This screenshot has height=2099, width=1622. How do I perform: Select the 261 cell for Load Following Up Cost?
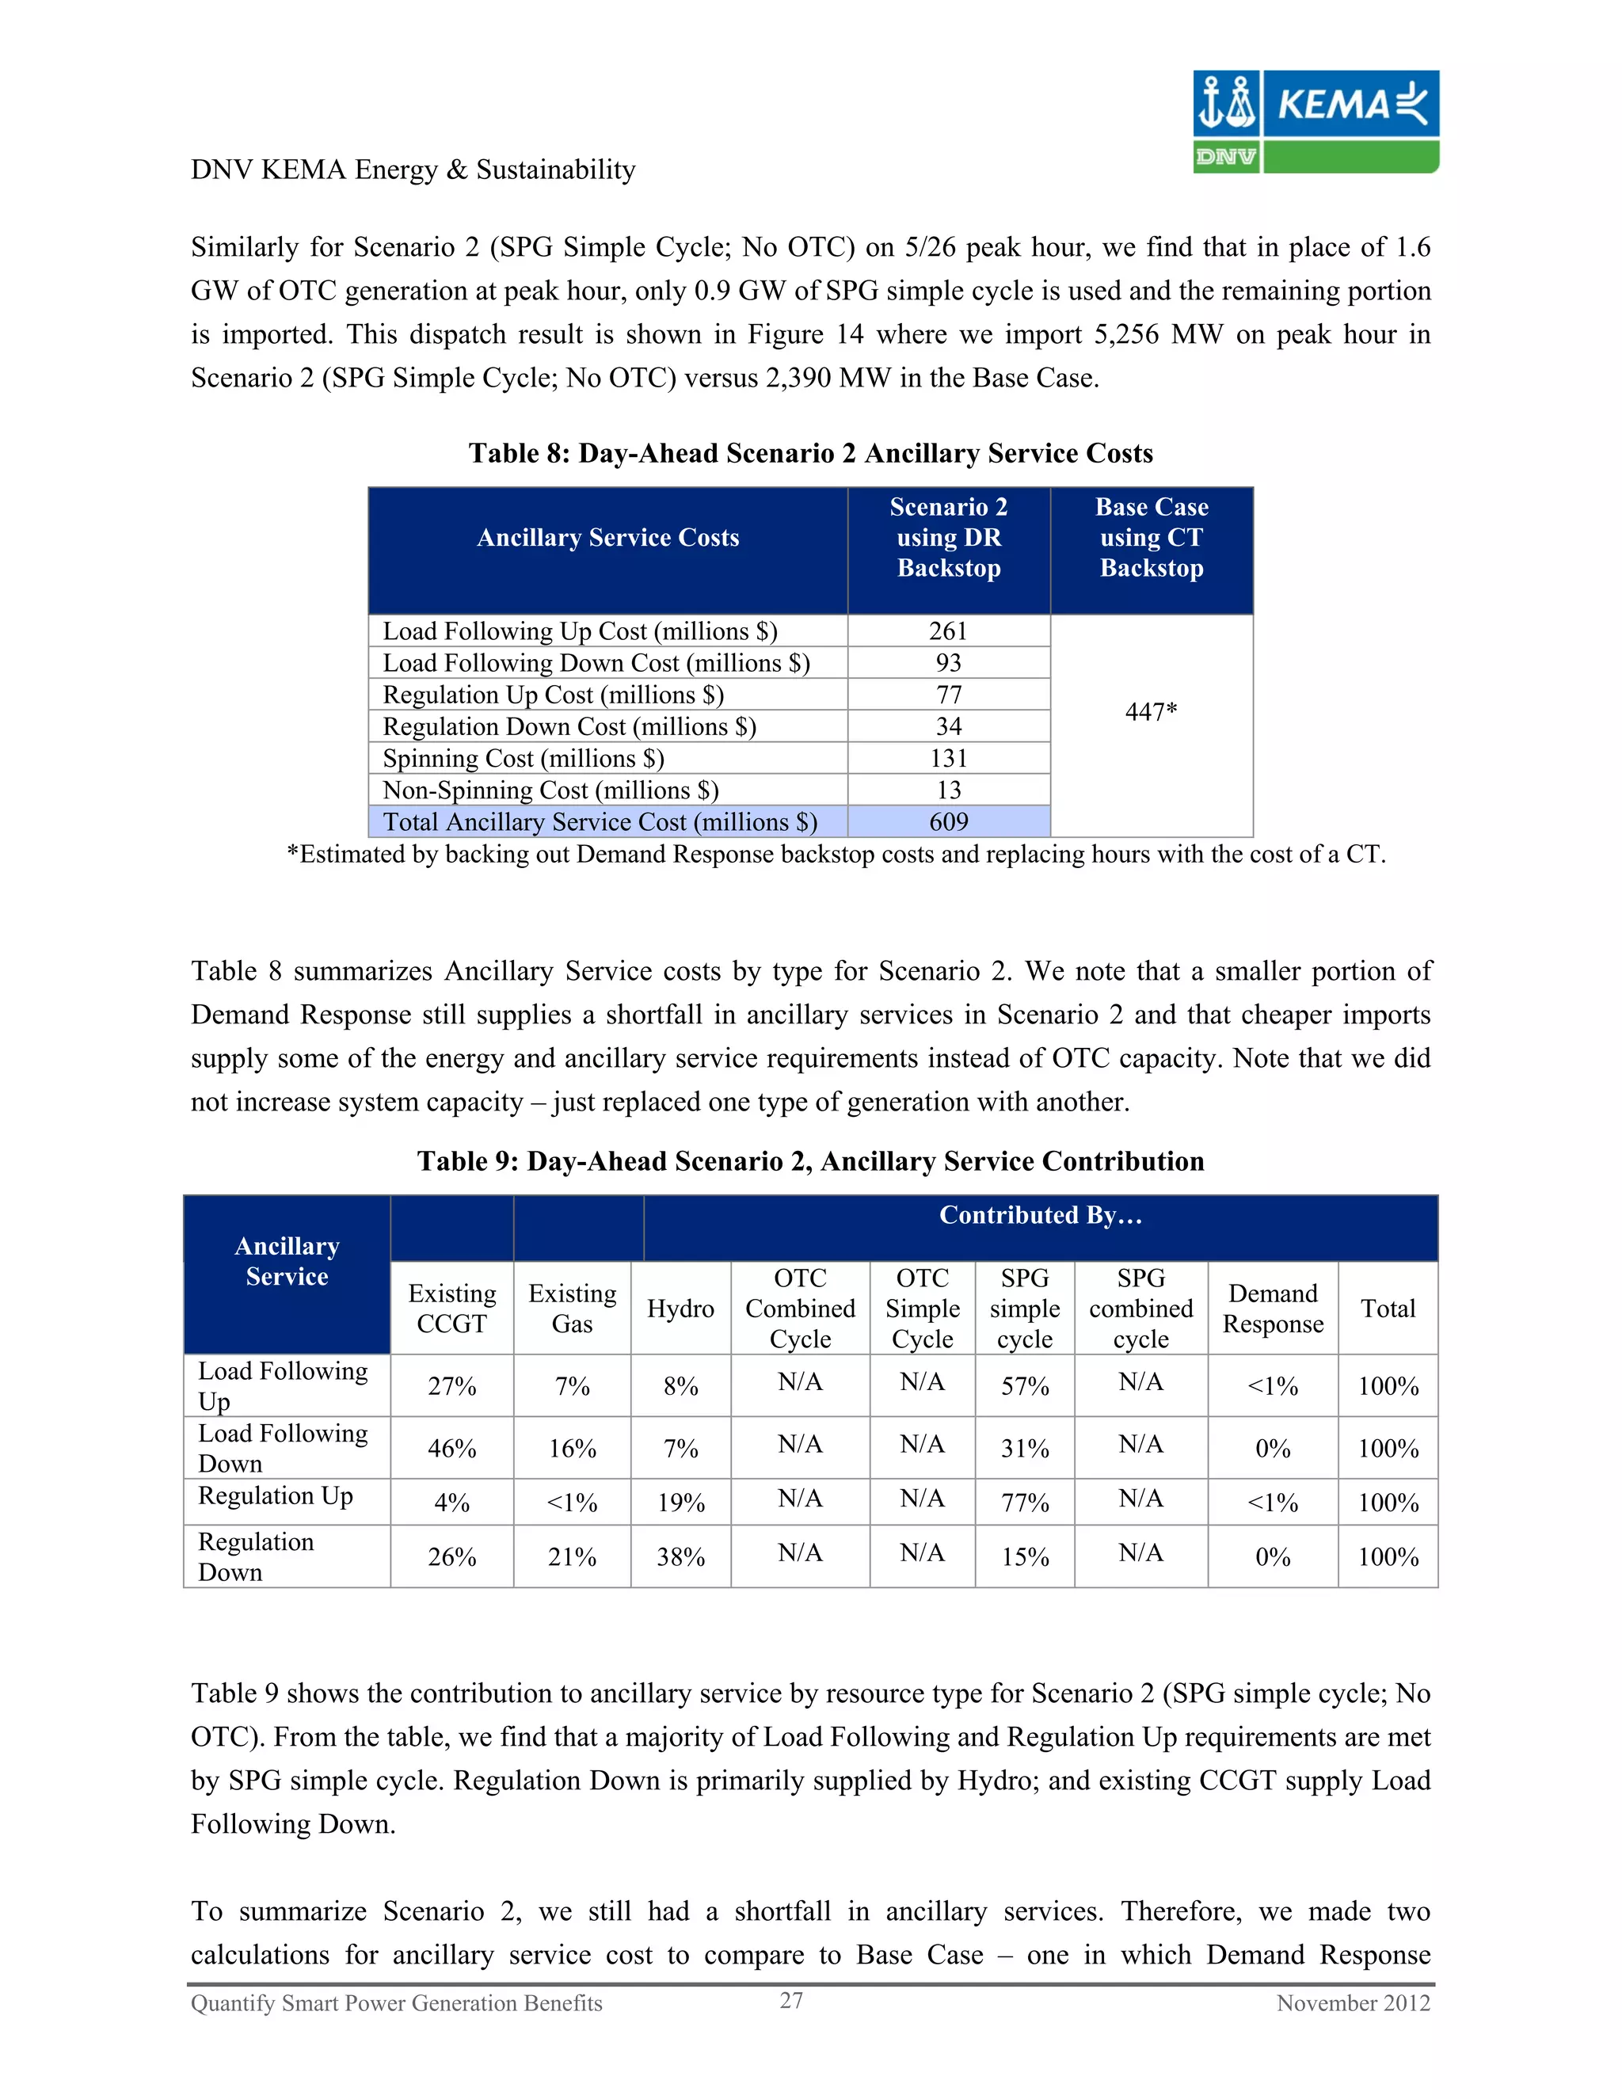click(x=948, y=631)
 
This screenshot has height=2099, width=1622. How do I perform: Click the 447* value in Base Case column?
click(x=1151, y=712)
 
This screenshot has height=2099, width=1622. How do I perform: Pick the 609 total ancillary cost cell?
click(x=948, y=821)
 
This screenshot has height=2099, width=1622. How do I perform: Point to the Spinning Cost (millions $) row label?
click(x=524, y=758)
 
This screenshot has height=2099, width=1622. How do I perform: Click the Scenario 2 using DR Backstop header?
click(x=948, y=537)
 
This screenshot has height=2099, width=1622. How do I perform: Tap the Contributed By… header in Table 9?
click(x=1041, y=1216)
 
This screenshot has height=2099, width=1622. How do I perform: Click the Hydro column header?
click(x=680, y=1309)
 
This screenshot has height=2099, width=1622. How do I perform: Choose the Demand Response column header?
click(x=1272, y=1309)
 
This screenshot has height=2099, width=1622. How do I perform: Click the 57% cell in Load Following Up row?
click(x=1024, y=1386)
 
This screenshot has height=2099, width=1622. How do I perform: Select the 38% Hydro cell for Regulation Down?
click(x=680, y=1557)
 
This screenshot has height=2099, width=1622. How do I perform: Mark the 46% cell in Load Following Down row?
click(x=451, y=1449)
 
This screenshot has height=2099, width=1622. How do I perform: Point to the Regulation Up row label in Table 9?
click(x=276, y=1496)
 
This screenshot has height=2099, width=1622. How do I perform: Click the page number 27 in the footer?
click(x=791, y=2001)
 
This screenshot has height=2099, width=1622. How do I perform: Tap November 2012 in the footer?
click(x=1353, y=2004)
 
